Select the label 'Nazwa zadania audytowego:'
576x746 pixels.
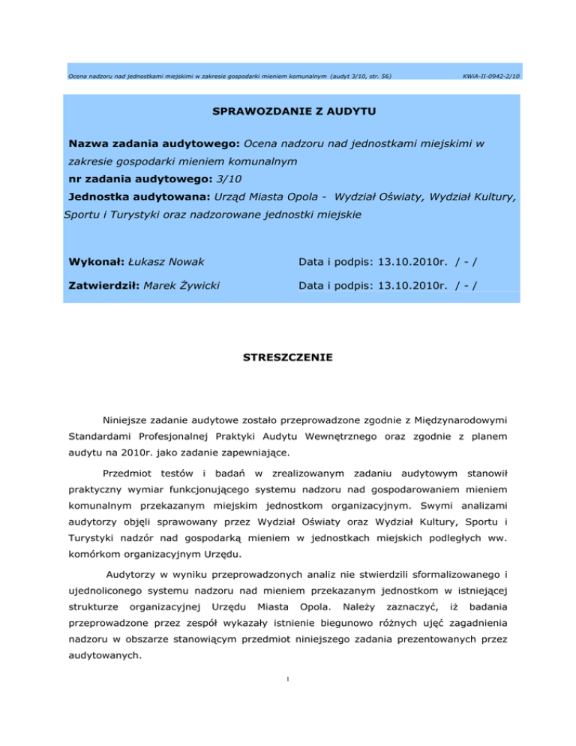point(154,143)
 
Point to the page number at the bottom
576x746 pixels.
point(288,702)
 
